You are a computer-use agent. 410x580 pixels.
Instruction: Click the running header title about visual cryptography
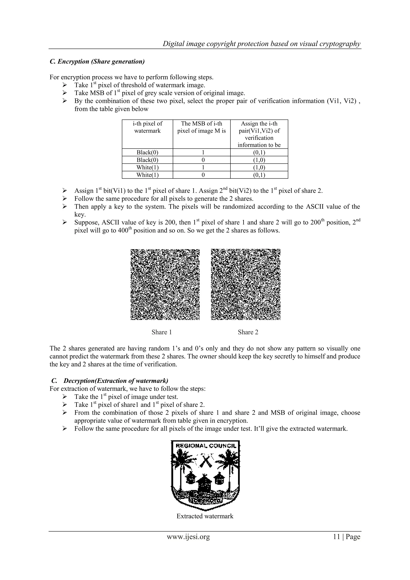(x=261, y=44)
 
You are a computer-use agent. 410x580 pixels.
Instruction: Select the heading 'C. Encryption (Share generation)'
(x=97, y=62)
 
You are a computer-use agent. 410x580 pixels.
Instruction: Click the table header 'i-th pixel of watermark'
(x=147, y=127)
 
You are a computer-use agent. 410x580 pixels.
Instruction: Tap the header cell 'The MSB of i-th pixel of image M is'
(x=201, y=127)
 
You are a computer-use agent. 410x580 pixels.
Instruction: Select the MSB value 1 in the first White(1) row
(x=201, y=167)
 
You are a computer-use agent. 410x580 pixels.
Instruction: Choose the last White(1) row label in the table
(x=147, y=175)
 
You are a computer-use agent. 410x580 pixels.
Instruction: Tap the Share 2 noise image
(x=246, y=284)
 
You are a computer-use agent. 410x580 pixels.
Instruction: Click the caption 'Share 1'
(x=162, y=332)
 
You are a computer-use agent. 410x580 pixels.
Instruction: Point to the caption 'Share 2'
(x=248, y=332)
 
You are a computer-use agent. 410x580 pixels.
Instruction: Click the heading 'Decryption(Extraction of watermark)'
(x=116, y=381)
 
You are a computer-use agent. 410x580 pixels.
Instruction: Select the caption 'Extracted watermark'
(x=205, y=516)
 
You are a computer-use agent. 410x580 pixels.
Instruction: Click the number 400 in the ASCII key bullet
(x=123, y=231)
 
